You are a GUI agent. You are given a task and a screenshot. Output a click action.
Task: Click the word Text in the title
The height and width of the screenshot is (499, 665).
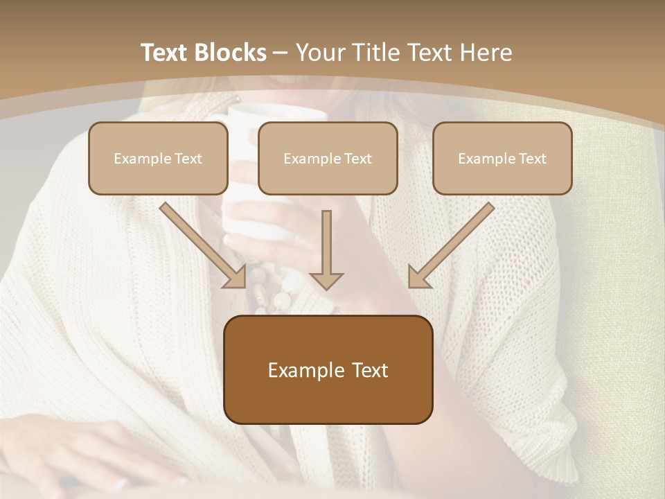[x=165, y=53]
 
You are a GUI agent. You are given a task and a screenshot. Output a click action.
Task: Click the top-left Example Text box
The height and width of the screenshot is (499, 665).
[x=158, y=159]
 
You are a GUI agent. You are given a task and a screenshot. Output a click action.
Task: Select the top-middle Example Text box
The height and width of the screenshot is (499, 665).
[x=328, y=159]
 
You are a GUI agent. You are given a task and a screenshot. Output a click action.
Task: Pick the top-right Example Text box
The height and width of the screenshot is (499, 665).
[x=502, y=159]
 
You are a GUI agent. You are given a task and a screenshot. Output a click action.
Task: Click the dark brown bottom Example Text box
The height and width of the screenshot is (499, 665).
[x=328, y=370]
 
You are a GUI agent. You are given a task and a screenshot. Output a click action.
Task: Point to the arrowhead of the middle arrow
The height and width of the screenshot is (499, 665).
[x=326, y=280]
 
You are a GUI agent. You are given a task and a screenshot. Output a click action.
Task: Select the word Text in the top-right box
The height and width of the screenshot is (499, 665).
[x=532, y=159]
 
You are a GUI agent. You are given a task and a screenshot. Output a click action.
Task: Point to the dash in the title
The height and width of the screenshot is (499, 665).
[x=281, y=53]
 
